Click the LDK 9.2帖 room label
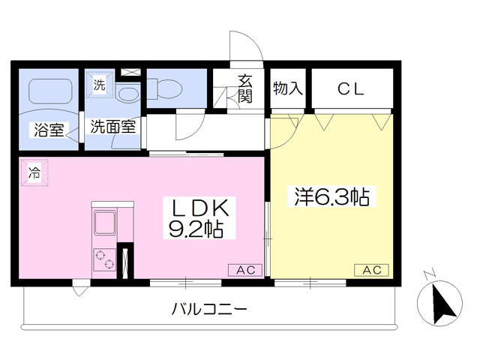pyautogui.click(x=199, y=218)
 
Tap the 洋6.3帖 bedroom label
pyautogui.click(x=332, y=196)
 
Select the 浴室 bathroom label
pyautogui.click(x=49, y=130)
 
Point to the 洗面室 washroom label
pyautogui.click(x=113, y=127)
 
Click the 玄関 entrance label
pyautogui.click(x=245, y=88)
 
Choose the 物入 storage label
pyautogui.click(x=288, y=88)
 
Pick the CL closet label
pyautogui.click(x=351, y=88)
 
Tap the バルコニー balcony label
pyautogui.click(x=209, y=309)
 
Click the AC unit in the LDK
pyautogui.click(x=245, y=270)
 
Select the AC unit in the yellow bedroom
pyautogui.click(x=372, y=270)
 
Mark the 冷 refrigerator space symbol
pyautogui.click(x=34, y=172)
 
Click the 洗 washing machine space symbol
pyautogui.click(x=99, y=85)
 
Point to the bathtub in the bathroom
pyautogui.click(x=50, y=91)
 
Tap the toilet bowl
pyautogui.click(x=165, y=88)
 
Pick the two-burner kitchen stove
pyautogui.click(x=105, y=259)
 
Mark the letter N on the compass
pyautogui.click(x=430, y=274)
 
